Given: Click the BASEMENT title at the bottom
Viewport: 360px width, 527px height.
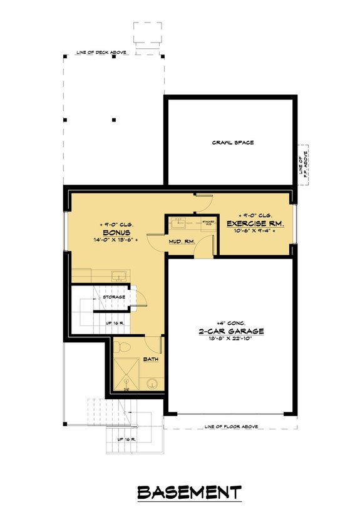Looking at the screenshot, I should click(189, 492).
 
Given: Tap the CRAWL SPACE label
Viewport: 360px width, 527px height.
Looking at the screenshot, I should click(232, 143).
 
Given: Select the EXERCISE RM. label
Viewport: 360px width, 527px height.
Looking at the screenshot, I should click(255, 223).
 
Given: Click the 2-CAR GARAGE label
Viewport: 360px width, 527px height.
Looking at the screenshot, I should click(227, 330).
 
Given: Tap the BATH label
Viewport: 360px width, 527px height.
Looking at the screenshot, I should click(151, 360).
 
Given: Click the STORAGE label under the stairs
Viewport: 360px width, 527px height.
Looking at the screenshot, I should click(115, 297).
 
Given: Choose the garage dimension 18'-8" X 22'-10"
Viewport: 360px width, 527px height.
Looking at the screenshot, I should click(227, 340).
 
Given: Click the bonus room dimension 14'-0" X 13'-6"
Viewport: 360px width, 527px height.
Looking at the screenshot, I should click(118, 240).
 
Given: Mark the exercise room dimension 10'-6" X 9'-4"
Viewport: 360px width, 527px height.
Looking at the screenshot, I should click(255, 232).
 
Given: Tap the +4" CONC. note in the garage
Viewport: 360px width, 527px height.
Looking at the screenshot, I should click(227, 322).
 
